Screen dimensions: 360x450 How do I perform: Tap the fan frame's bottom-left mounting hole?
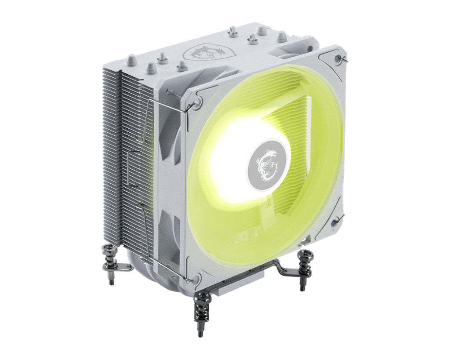196,278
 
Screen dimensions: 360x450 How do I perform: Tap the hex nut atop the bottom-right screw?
305,255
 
